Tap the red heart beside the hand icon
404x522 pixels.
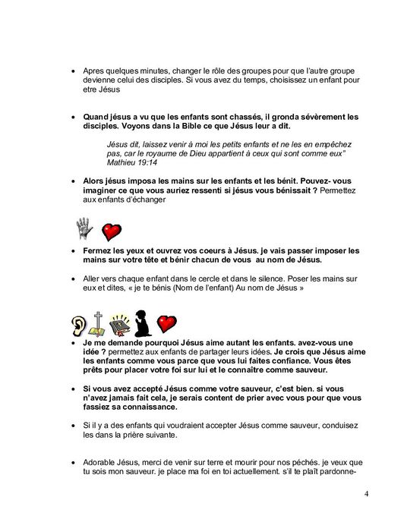tap(112, 231)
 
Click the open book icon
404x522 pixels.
tap(119, 325)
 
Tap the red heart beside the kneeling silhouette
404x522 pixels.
tap(167, 325)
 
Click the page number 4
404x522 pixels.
tap(367, 495)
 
